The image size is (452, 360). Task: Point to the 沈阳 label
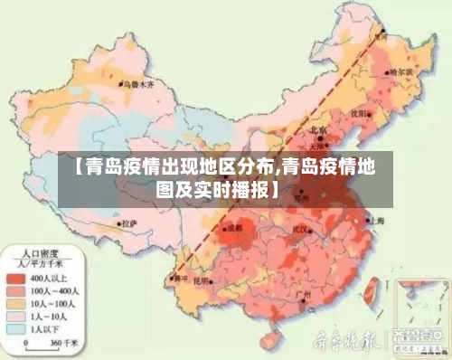click(360, 113)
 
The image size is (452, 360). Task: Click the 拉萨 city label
click(129, 223)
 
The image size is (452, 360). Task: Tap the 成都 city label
click(235, 227)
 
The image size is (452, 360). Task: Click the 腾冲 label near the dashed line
click(182, 278)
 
